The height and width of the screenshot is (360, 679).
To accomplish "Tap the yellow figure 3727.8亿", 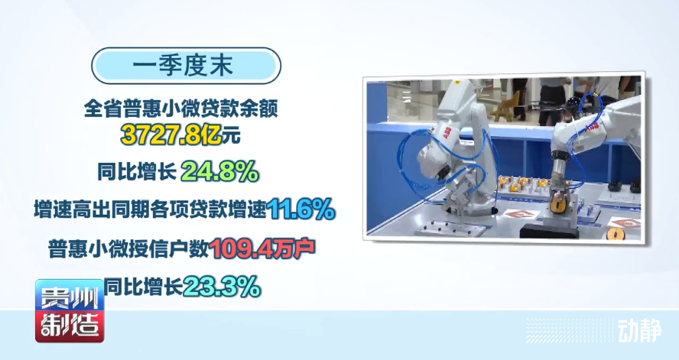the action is (171, 135).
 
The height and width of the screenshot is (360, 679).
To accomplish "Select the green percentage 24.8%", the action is (219, 172).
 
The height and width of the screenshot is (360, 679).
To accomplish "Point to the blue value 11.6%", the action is (301, 209).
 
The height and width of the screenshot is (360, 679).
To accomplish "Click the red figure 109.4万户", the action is (262, 248).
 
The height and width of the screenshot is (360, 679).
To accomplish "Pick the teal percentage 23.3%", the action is (222, 287).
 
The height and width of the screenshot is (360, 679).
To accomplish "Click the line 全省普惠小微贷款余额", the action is (181, 109).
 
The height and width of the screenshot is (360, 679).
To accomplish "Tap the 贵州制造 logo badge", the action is (70, 310).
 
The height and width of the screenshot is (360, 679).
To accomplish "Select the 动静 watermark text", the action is (639, 331).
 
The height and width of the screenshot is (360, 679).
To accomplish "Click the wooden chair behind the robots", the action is (505, 106).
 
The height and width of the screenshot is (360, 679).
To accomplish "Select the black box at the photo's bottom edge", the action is (549, 231).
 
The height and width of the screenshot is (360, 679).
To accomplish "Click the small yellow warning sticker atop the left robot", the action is (456, 82).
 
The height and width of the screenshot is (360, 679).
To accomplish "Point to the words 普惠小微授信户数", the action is (128, 249).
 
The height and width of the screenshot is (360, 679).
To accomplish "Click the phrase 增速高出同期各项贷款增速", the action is (150, 210).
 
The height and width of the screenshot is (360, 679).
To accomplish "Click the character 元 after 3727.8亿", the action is (231, 136).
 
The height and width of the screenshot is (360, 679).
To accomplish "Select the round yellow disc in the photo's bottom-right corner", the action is (616, 234).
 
